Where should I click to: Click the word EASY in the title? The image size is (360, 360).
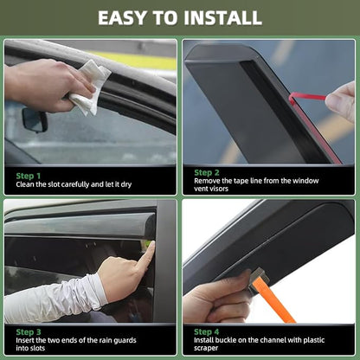pyautogui.click(x=123, y=18)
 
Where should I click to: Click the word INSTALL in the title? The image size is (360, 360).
pyautogui.click(x=223, y=18)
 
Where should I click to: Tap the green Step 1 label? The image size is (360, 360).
pyautogui.click(x=29, y=176)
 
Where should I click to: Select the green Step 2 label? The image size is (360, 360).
pyautogui.click(x=207, y=172)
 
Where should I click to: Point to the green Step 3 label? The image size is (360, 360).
pyautogui.click(x=29, y=332)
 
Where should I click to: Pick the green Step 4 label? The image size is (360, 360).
pyautogui.click(x=207, y=331)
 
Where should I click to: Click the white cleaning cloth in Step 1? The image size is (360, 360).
pyautogui.click(x=90, y=88)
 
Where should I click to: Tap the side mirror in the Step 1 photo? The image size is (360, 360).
pyautogui.click(x=35, y=119)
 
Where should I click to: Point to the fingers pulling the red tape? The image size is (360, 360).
pyautogui.click(x=341, y=101)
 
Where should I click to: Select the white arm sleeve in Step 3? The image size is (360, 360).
pyautogui.click(x=55, y=299)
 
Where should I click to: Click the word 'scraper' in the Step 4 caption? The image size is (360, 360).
pyautogui.click(x=206, y=348)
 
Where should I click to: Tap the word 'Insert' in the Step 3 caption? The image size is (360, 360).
pyautogui.click(x=25, y=340)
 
